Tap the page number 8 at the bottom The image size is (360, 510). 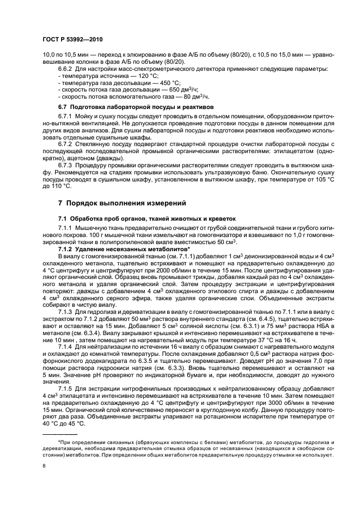pos(44,466)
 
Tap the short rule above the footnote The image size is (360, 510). pos(60,434)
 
